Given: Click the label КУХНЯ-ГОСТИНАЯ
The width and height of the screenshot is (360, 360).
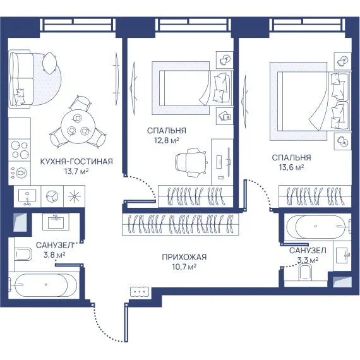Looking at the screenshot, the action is pyautogui.click(x=76, y=162).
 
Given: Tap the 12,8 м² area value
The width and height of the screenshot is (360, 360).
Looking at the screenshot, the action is pyautogui.click(x=167, y=140).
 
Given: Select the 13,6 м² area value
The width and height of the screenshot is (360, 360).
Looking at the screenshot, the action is pyautogui.click(x=291, y=167).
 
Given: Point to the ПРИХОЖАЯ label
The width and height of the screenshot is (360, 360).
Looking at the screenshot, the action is pyautogui.click(x=184, y=257).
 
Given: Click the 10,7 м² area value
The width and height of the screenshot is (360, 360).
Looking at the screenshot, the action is pyautogui.click(x=184, y=267).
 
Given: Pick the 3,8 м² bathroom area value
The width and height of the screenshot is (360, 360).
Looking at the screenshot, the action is pyautogui.click(x=54, y=255).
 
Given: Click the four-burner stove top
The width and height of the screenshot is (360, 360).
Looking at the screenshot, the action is pyautogui.click(x=20, y=150).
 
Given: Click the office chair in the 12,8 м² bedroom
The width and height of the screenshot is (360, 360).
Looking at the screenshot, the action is pyautogui.click(x=191, y=162).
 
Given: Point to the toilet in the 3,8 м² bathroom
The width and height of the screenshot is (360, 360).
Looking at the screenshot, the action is pyautogui.click(x=23, y=254).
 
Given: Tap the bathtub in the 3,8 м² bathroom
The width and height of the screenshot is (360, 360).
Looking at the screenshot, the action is pyautogui.click(x=43, y=285).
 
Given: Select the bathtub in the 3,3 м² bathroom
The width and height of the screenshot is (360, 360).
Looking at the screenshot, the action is pyautogui.click(x=318, y=226).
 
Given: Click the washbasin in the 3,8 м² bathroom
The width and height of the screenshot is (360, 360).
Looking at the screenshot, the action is pyautogui.click(x=56, y=222).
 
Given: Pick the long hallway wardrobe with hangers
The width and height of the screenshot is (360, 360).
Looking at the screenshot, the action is pyautogui.click(x=181, y=224).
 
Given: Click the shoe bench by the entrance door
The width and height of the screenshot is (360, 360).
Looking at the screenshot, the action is pyautogui.click(x=140, y=292).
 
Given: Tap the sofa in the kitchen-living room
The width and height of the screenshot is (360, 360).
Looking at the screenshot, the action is pyautogui.click(x=20, y=78).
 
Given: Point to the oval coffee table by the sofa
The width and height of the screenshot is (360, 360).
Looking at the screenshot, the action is pyautogui.click(x=49, y=63).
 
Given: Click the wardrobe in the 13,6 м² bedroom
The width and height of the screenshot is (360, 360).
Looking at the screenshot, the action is pyautogui.click(x=315, y=196).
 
